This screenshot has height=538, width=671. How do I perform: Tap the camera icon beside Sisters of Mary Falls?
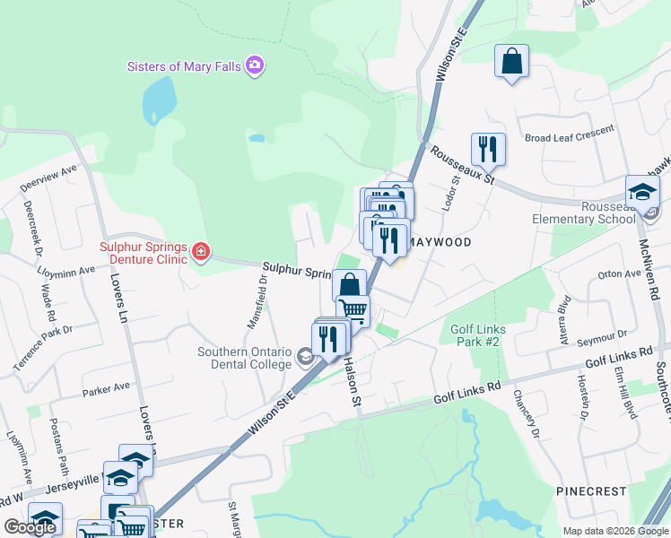pyautogui.click(x=255, y=65)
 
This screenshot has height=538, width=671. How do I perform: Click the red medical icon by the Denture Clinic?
pyautogui.click(x=199, y=253)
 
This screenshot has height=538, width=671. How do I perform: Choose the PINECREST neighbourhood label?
pyautogui.click(x=590, y=492)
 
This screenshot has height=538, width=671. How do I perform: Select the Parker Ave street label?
pyautogui.click(x=107, y=388)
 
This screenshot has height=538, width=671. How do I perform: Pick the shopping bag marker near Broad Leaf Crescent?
pyautogui.click(x=511, y=63)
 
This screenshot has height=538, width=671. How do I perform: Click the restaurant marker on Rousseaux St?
pyautogui.click(x=488, y=150)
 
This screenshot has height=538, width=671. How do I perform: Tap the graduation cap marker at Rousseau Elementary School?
pyautogui.click(x=642, y=193)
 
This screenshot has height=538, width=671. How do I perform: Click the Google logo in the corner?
pyautogui.click(x=30, y=526)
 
